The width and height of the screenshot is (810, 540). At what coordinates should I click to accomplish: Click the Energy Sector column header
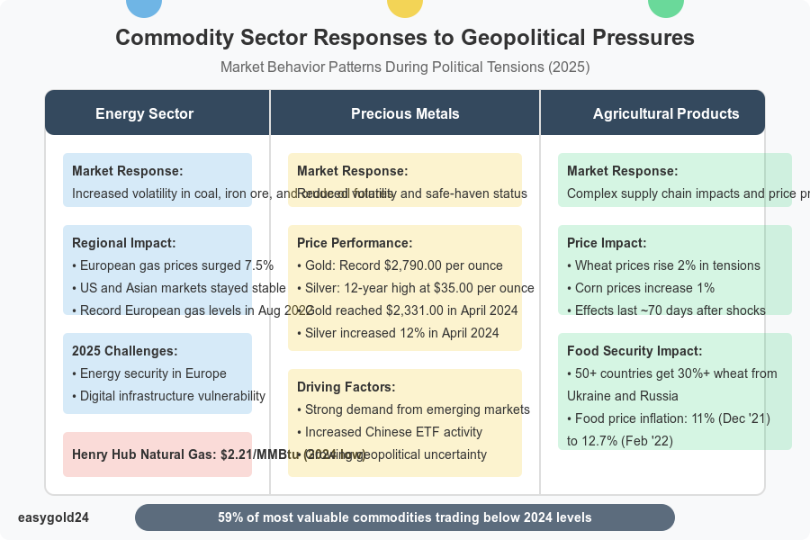pos(144,113)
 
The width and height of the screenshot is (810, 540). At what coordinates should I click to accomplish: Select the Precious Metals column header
pos(405,113)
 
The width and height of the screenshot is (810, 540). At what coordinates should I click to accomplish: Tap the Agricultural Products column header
pos(666,113)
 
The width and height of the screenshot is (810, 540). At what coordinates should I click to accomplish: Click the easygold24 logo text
pos(53,517)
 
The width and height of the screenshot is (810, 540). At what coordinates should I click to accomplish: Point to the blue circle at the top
pos(145,5)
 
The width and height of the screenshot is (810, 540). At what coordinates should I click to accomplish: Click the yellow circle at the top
pos(405,5)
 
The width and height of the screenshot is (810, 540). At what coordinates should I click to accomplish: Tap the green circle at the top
pos(666,5)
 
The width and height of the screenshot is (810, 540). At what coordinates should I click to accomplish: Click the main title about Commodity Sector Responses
pos(405,38)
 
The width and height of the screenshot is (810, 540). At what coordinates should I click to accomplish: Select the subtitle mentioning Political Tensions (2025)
pos(405,67)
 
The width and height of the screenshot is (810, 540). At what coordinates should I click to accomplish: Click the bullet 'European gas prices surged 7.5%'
pos(172,265)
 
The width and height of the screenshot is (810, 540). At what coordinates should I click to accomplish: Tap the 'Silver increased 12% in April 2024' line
pos(398,333)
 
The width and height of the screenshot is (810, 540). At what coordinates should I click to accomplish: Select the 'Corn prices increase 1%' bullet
pos(641,288)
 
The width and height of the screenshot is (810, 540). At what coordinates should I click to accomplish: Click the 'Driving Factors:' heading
pos(346,387)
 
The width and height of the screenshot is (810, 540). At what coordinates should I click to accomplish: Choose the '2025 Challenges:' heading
pos(124,351)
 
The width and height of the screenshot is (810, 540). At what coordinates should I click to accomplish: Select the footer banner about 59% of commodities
pos(405,517)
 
